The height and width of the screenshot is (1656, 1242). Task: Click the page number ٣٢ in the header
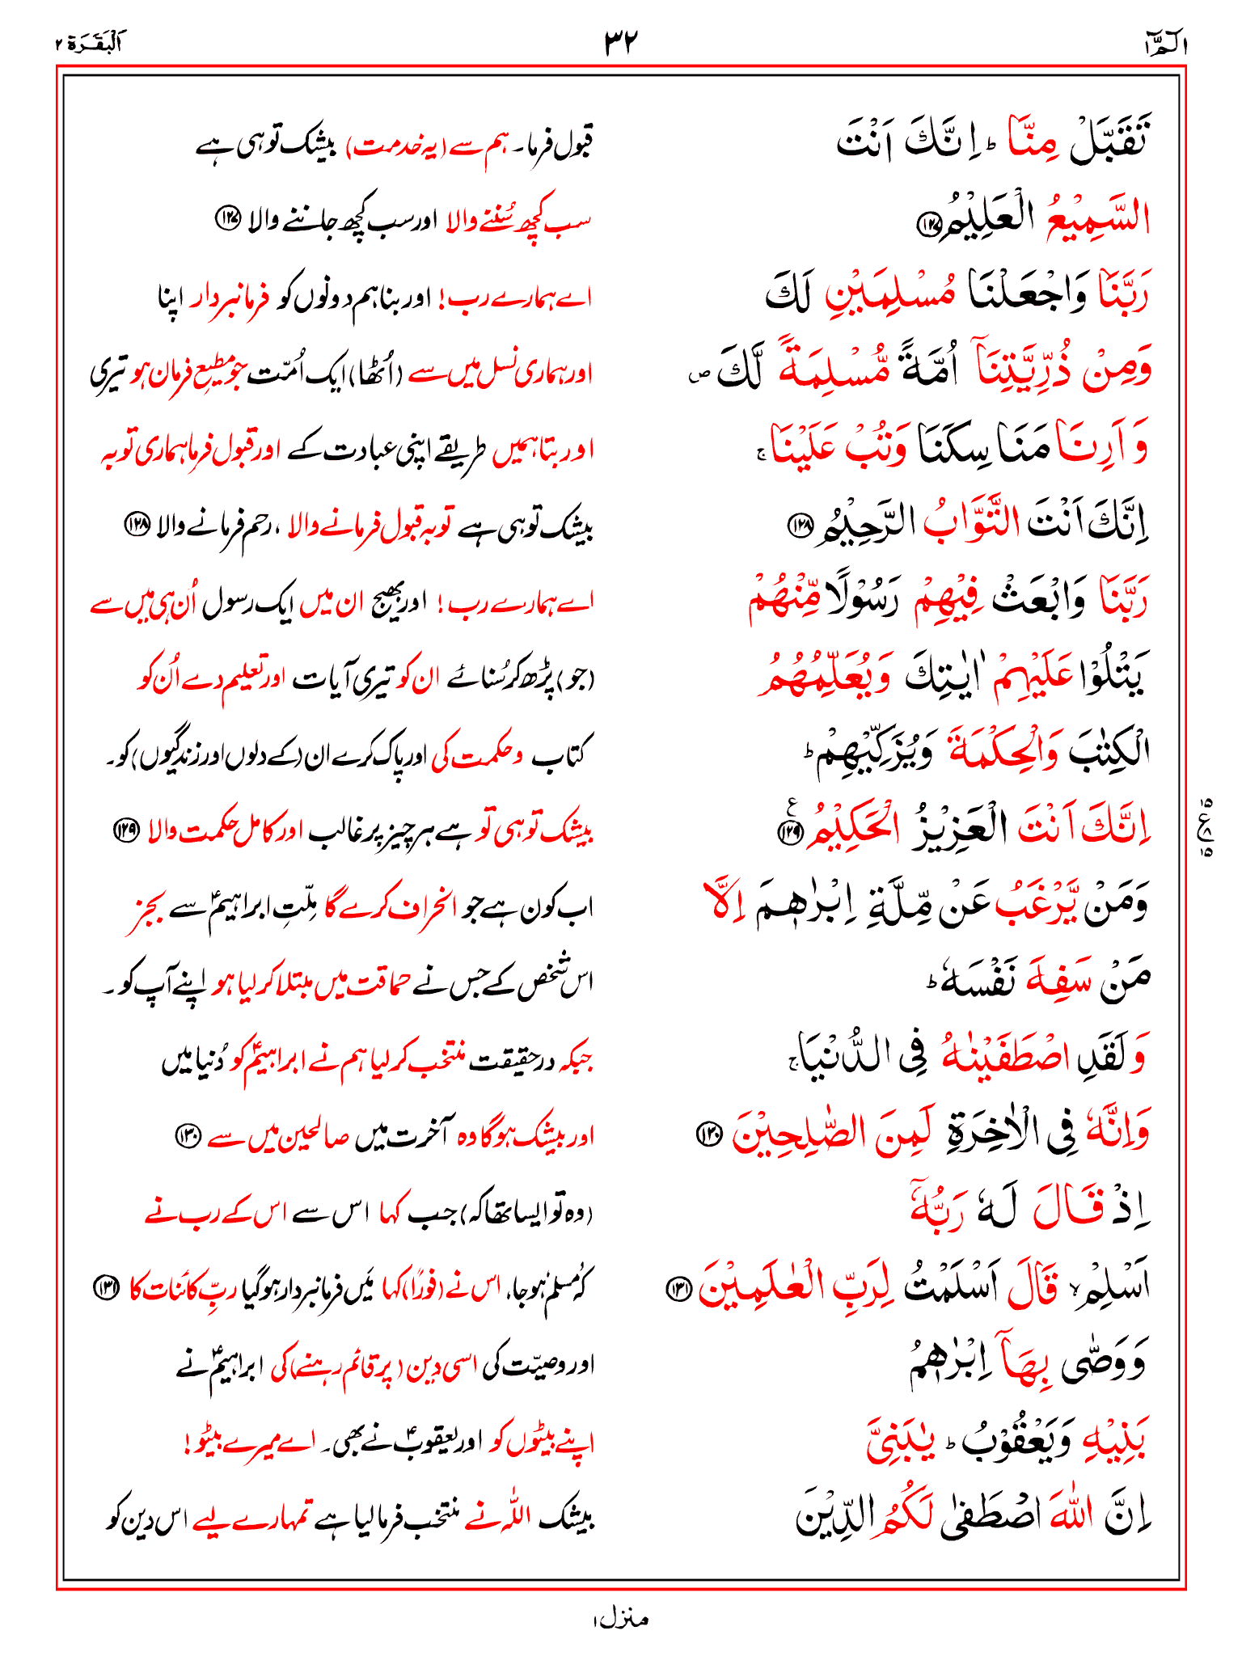621,40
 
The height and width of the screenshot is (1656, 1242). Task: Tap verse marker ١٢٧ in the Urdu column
227,218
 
